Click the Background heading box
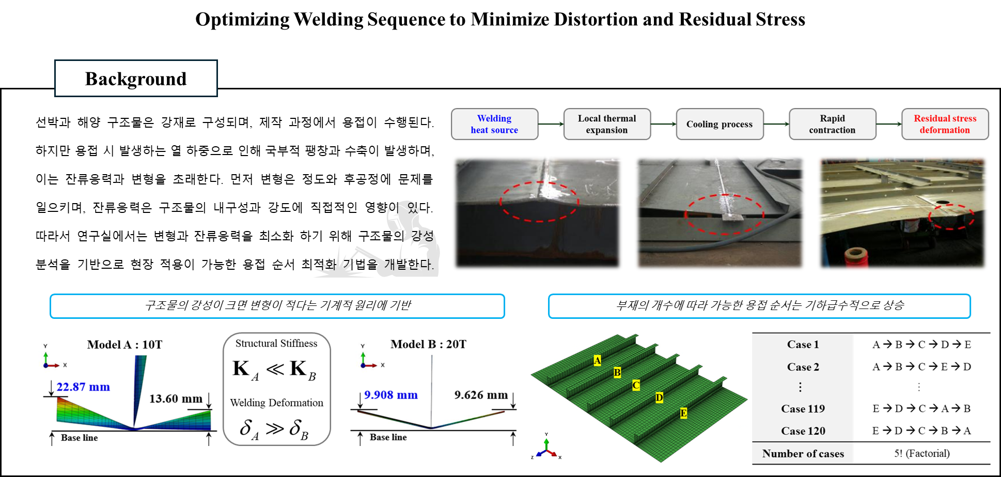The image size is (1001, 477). tap(136, 79)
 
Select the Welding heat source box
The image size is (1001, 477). tap(494, 124)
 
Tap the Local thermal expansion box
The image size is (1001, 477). tap(607, 124)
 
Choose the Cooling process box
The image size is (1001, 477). tap(720, 124)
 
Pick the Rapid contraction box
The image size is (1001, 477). tap(832, 124)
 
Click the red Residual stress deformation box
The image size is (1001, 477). tap(945, 124)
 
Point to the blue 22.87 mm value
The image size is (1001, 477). tap(83, 387)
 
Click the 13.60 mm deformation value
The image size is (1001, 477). tap(176, 399)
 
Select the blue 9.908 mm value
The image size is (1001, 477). tap(391, 395)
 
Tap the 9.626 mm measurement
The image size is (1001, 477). tap(481, 395)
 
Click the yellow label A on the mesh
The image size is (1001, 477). tap(597, 360)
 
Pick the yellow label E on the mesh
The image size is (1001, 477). tap(683, 413)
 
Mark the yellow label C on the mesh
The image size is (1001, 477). tap(636, 385)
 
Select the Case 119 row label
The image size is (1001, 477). tap(803, 409)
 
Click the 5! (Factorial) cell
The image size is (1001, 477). tap(922, 454)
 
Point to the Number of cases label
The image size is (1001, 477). tap(803, 454)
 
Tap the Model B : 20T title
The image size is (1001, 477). tap(428, 344)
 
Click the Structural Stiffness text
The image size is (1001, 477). tap(276, 344)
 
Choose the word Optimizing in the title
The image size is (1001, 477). tap(242, 20)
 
